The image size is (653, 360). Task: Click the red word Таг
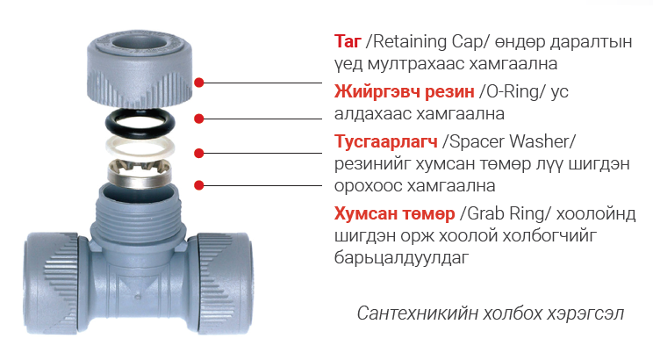click(x=348, y=41)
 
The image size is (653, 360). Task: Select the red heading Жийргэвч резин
click(x=405, y=91)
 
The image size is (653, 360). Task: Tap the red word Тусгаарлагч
click(x=386, y=141)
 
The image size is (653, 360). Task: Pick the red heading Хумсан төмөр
click(x=395, y=213)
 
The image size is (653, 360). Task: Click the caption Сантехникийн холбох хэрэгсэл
click(x=491, y=313)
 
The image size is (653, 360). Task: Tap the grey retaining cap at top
click(x=140, y=67)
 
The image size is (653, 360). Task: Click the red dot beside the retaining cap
click(x=199, y=83)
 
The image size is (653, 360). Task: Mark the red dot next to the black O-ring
click(x=199, y=119)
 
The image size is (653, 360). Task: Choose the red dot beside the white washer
click(x=199, y=154)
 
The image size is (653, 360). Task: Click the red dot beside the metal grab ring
click(x=199, y=185)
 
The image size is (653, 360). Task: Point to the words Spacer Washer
click(x=509, y=141)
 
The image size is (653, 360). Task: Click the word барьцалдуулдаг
click(x=401, y=257)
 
